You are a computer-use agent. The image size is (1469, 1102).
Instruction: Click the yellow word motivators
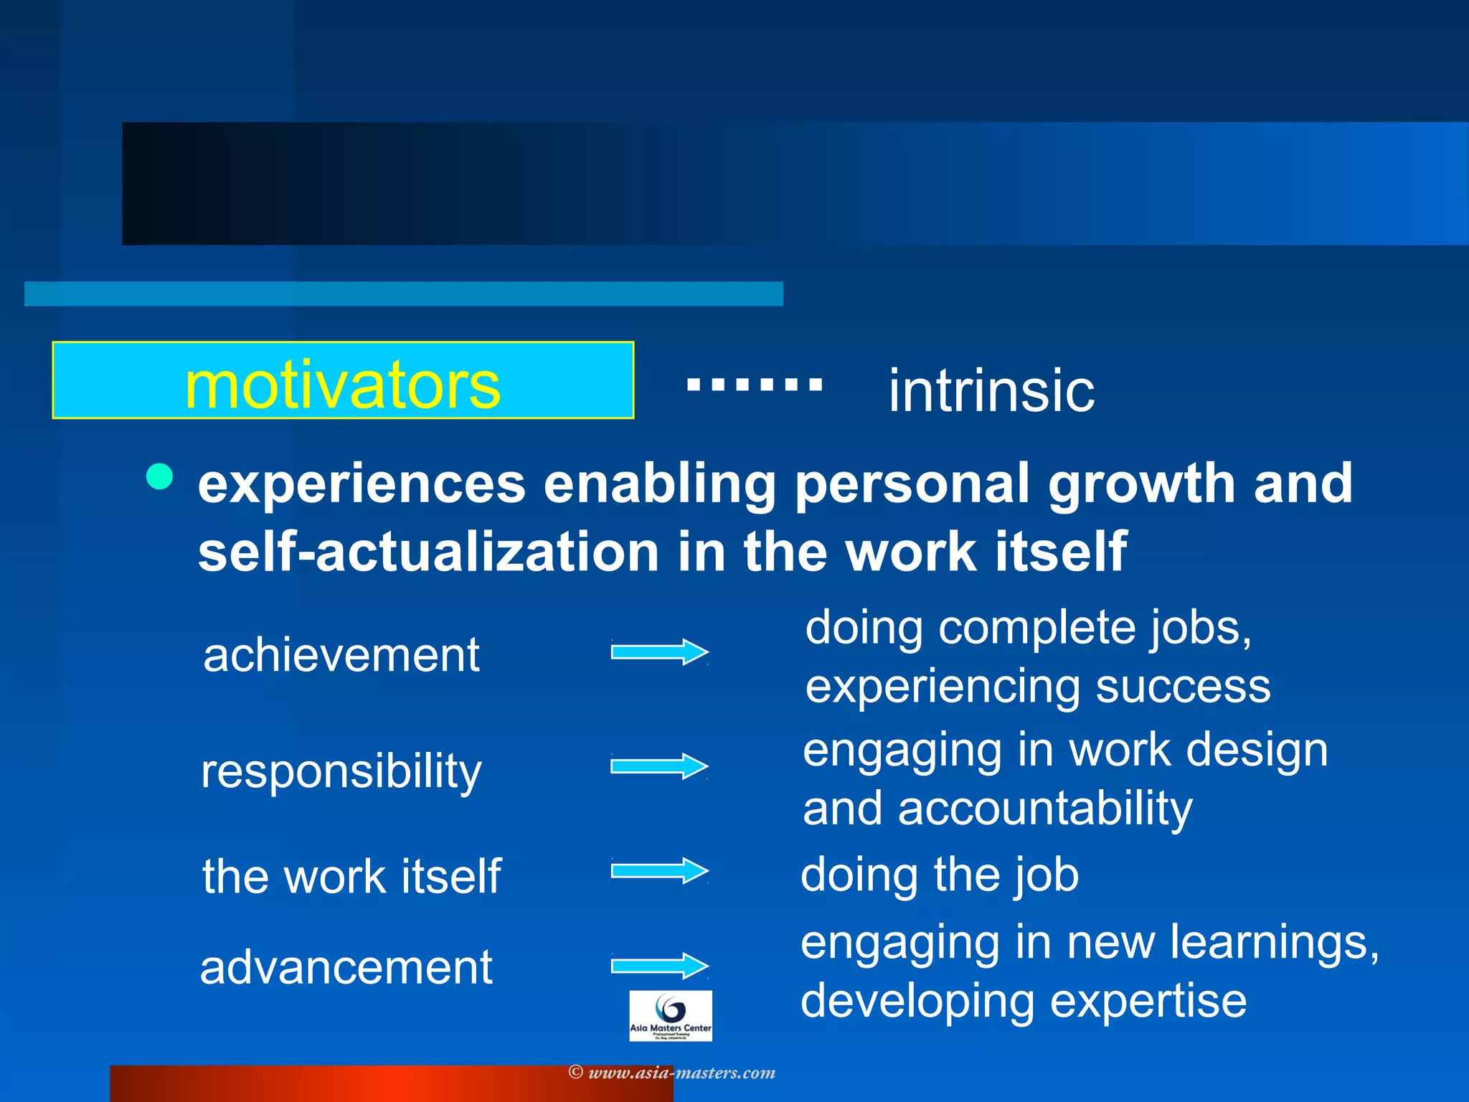coord(342,385)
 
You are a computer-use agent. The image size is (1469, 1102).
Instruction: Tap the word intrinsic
coord(991,391)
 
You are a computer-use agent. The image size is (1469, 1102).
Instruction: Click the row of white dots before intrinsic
coord(755,384)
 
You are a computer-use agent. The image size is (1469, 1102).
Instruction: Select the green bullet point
coord(159,476)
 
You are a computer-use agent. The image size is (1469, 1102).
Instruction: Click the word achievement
coord(341,655)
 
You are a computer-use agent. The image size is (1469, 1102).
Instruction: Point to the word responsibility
coord(341,772)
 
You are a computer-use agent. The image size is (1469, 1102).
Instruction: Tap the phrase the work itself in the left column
coord(351,876)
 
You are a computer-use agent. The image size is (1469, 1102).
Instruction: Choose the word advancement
coord(346,967)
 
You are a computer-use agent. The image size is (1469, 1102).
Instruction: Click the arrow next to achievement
coord(659,652)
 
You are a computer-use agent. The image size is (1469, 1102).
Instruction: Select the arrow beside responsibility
coord(659,766)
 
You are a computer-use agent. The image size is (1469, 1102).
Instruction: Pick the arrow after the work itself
coord(659,871)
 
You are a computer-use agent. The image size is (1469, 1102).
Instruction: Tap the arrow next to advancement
coord(659,966)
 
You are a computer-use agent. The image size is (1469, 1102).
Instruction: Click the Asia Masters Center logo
coord(670,1015)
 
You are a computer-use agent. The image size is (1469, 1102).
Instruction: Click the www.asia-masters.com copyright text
coord(672,1073)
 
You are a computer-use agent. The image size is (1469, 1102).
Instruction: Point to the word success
coord(1183,687)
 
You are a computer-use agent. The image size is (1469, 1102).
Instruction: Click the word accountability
coord(1045,809)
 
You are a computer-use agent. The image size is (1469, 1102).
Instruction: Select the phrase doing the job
coord(940,875)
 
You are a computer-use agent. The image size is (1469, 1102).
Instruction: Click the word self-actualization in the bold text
coord(428,552)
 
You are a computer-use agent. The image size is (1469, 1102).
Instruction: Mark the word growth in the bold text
coord(1141,484)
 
